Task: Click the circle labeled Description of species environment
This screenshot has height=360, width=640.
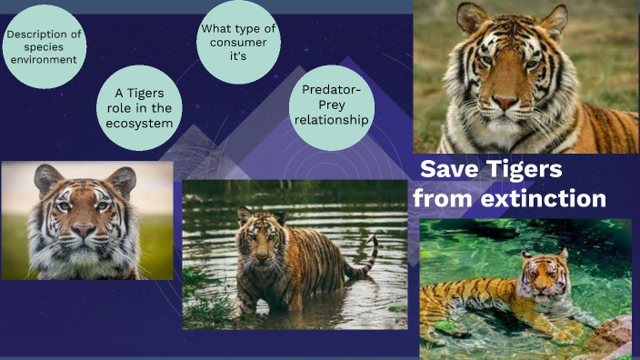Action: (x=43, y=48)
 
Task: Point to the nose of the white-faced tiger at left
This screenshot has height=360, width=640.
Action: (x=84, y=230)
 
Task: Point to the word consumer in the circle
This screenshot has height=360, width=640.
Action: (x=239, y=42)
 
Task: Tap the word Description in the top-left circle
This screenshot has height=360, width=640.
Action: (x=43, y=35)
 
